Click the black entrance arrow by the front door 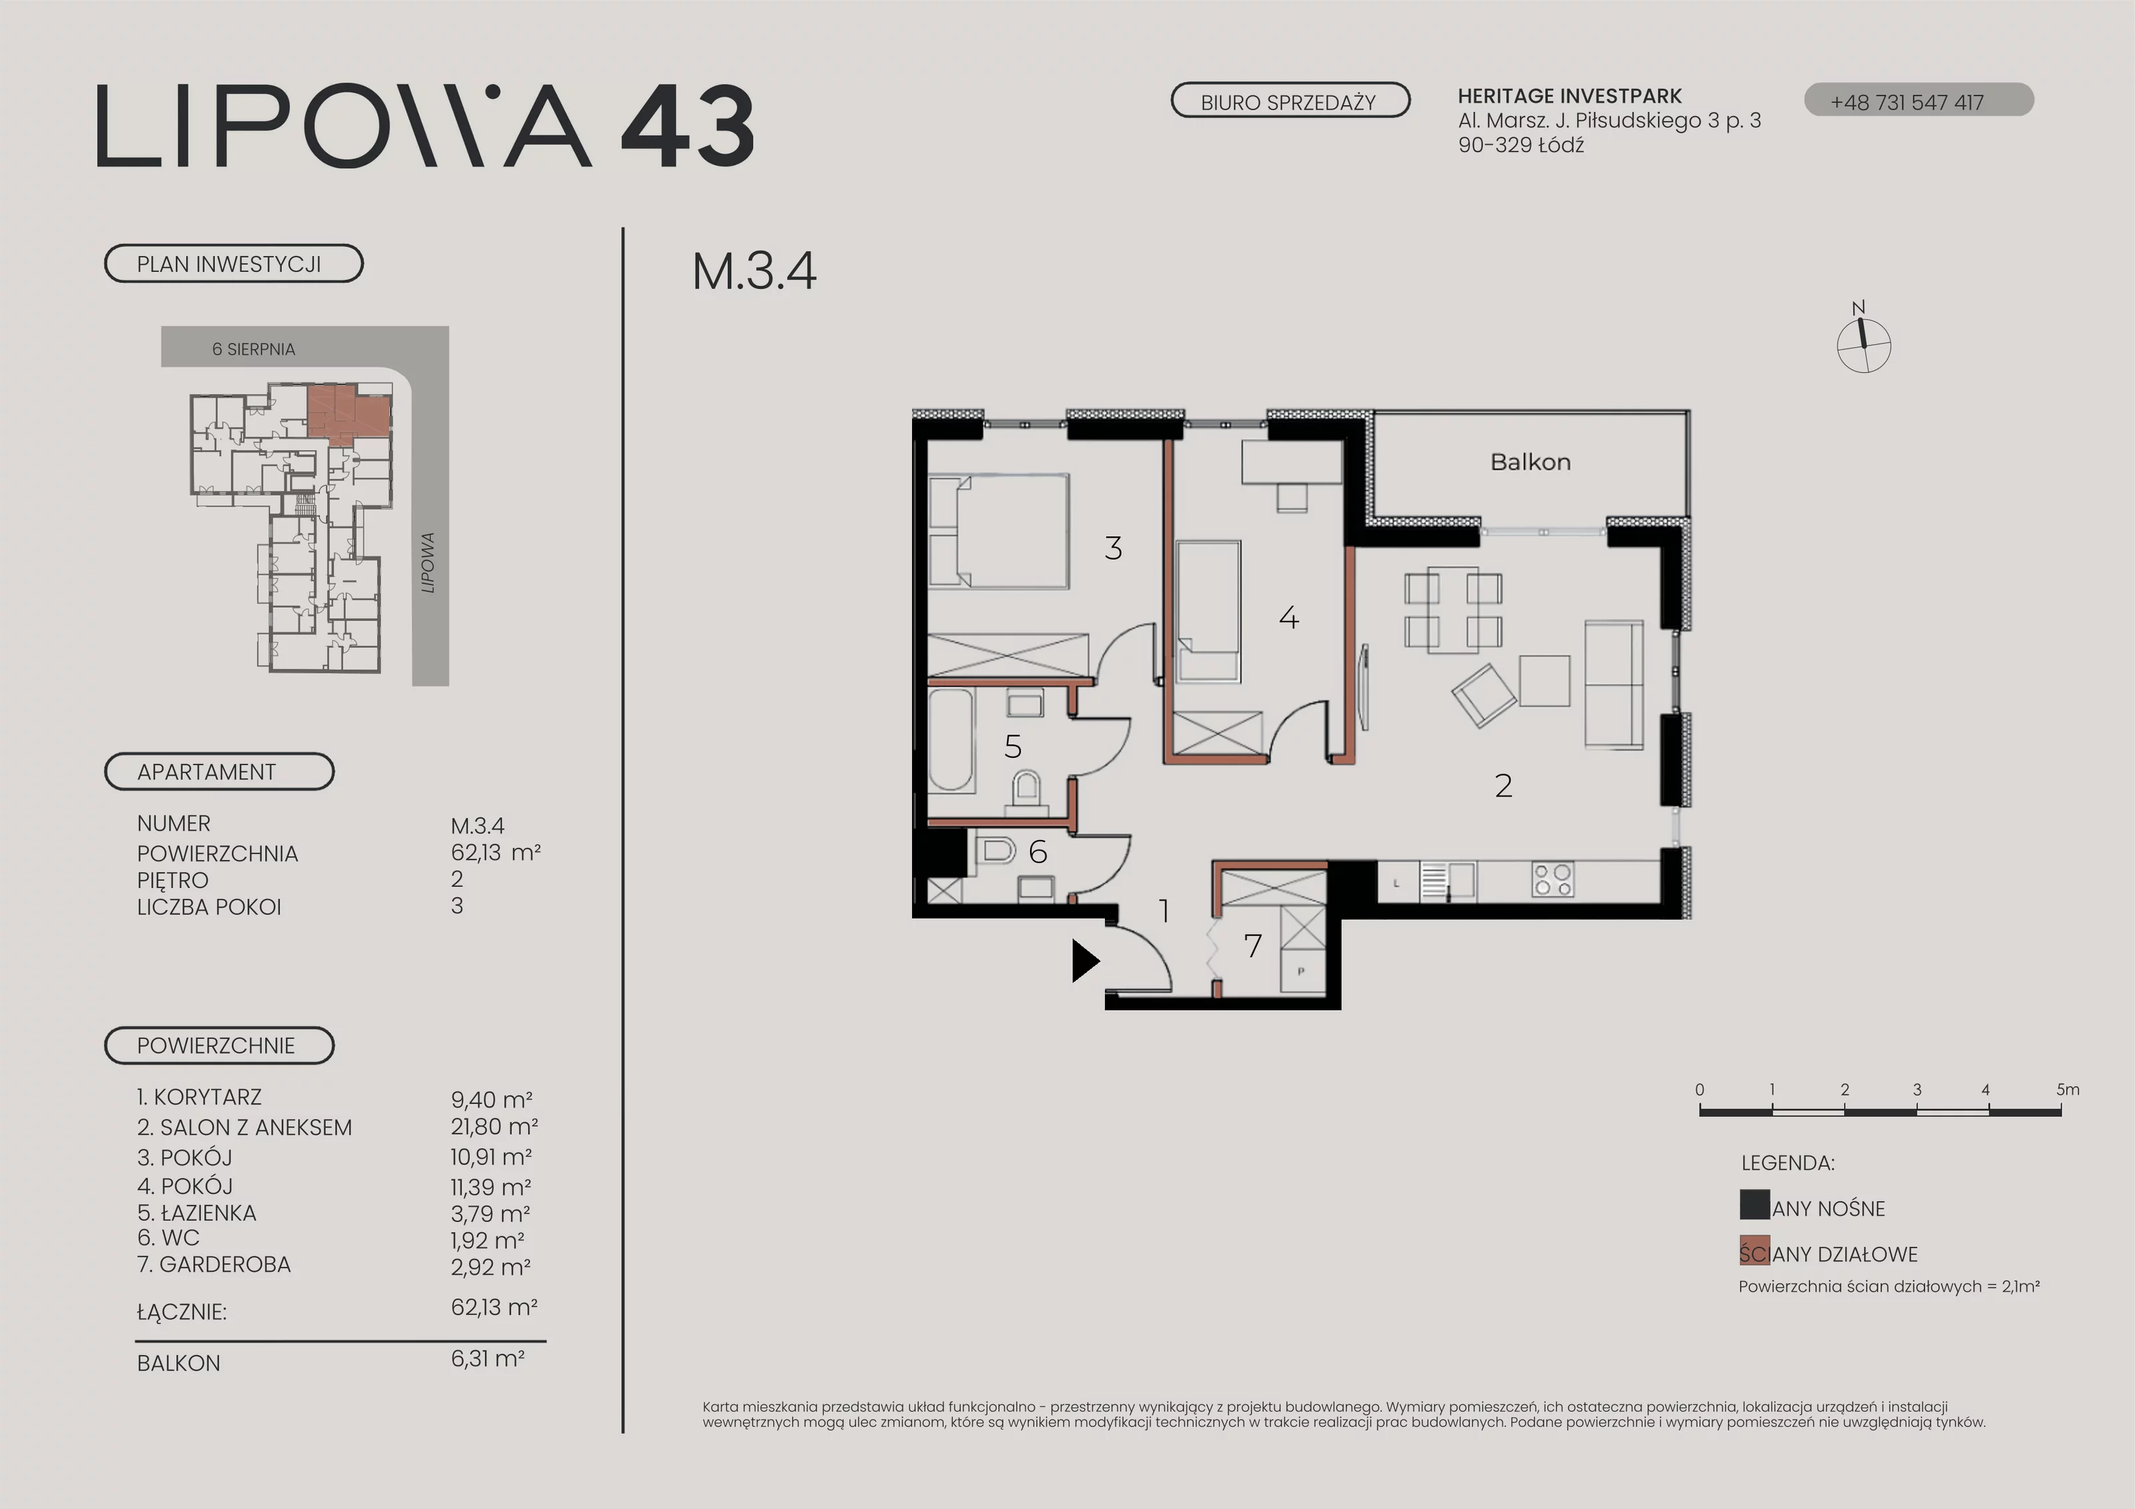pyautogui.click(x=1084, y=961)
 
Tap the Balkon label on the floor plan pyautogui.click(x=1531, y=462)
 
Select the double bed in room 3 pyautogui.click(x=999, y=531)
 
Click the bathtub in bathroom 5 pyautogui.click(x=950, y=740)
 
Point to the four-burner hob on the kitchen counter pyautogui.click(x=1552, y=879)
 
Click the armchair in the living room pyautogui.click(x=1485, y=694)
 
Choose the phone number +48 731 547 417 pyautogui.click(x=1907, y=102)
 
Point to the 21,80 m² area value pyautogui.click(x=494, y=1127)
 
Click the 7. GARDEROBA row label pyautogui.click(x=214, y=1264)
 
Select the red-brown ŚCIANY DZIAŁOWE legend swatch pyautogui.click(x=1755, y=1251)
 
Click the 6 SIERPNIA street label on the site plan pyautogui.click(x=254, y=350)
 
